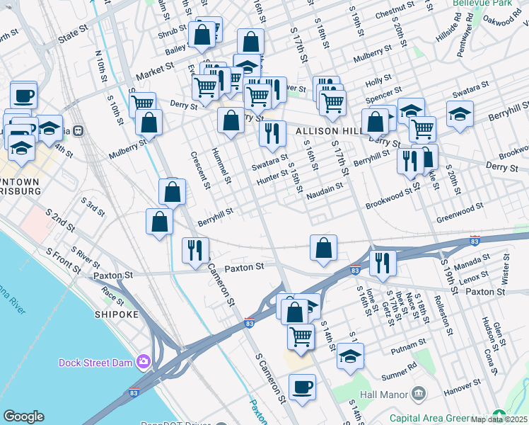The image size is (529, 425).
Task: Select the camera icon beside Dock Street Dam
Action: [x=144, y=363]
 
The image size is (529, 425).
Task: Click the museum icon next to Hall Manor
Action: [x=419, y=393]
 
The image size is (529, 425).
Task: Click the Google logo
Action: [x=23, y=416]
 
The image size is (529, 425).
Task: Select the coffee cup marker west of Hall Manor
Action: [x=302, y=387]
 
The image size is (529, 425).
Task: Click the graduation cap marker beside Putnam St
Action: [x=349, y=356]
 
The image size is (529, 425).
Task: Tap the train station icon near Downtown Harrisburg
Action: [x=78, y=130]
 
